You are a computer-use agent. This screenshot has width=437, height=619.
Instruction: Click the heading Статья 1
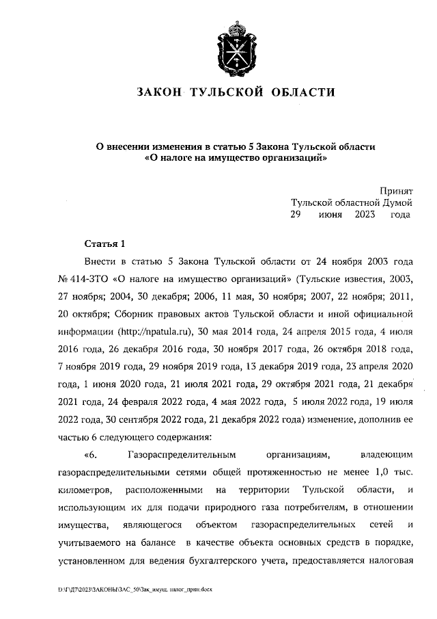[x=104, y=243]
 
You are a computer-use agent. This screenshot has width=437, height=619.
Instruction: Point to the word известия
[x=374, y=279]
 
